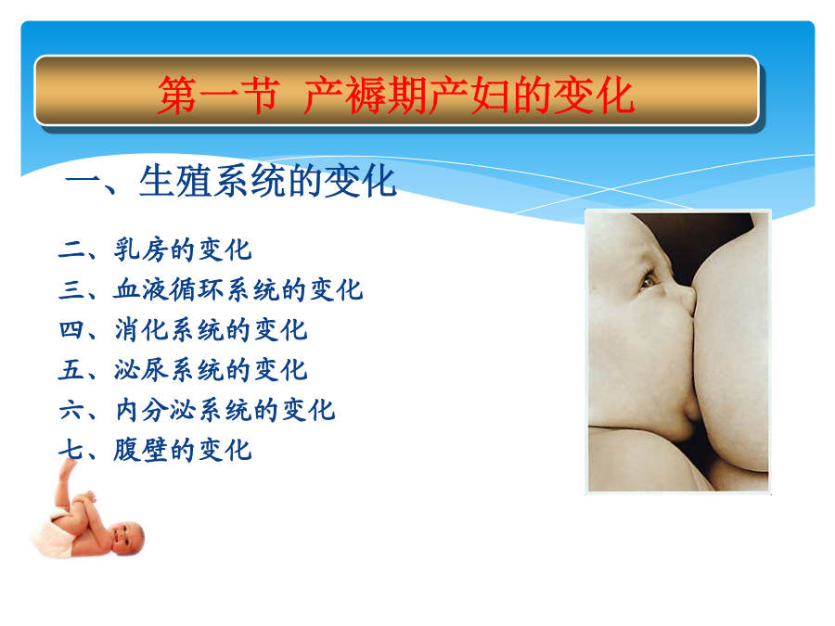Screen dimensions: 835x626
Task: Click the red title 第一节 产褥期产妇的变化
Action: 395,96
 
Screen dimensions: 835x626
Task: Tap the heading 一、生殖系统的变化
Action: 231,181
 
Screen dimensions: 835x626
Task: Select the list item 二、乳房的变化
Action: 155,249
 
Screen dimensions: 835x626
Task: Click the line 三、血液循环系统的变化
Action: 211,289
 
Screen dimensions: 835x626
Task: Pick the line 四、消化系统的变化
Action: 183,329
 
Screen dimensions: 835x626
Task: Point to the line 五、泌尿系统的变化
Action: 183,369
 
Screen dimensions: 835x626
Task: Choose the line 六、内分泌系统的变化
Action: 197,410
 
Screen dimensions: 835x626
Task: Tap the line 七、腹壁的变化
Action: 155,450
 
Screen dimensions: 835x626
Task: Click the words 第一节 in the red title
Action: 219,96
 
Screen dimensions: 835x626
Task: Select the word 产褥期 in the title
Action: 366,96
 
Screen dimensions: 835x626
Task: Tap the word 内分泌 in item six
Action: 156,410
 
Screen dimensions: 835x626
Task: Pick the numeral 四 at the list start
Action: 71,329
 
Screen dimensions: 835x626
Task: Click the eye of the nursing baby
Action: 648,279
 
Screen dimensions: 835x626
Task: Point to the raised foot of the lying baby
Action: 68,469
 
